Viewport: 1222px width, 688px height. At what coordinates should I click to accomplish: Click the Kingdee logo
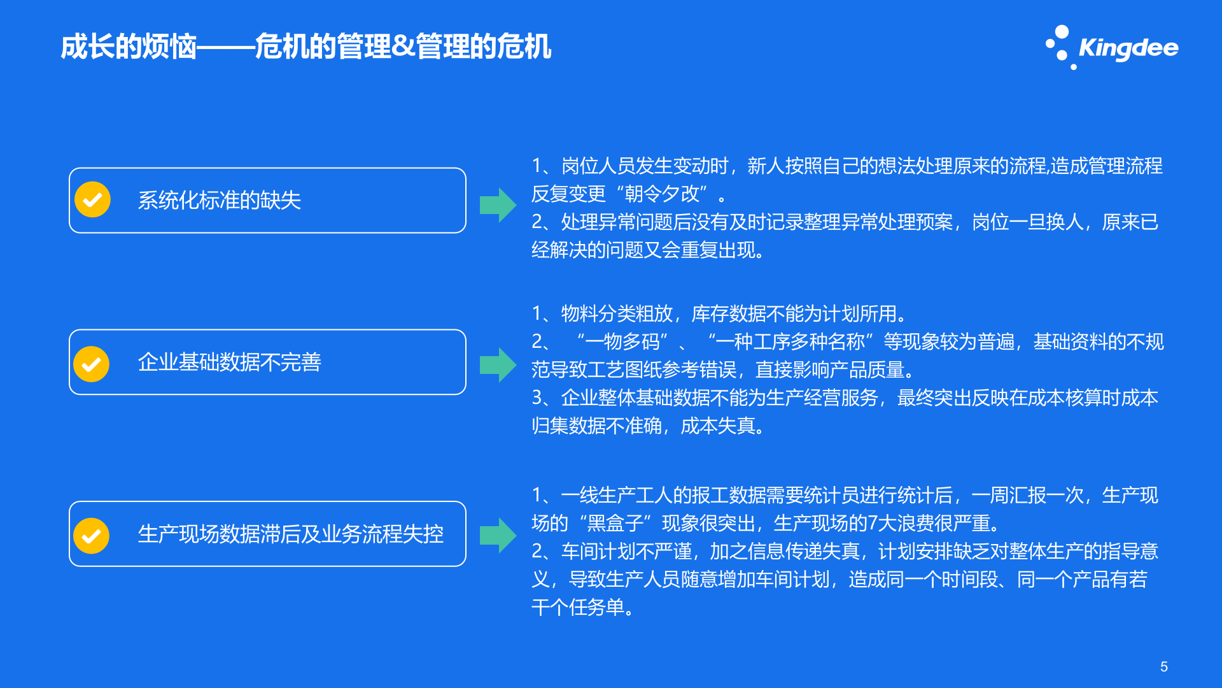pos(1113,48)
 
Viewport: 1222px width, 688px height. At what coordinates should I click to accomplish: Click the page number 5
pos(1164,666)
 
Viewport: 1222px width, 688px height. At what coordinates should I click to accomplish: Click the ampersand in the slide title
pos(404,47)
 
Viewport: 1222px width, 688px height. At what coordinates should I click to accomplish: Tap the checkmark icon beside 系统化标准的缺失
pos(93,200)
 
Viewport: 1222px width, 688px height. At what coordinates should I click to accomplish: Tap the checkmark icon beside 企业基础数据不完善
pos(92,364)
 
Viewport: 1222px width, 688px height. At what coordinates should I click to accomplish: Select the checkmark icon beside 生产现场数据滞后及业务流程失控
pos(92,535)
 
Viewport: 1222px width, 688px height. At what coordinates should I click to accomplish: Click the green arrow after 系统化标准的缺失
pos(498,205)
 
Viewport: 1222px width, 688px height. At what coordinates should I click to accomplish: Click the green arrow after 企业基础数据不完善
pos(498,365)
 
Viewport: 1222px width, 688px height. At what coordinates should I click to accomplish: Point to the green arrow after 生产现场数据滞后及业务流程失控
pos(498,535)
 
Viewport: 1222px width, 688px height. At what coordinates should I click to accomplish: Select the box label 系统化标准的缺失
pos(220,201)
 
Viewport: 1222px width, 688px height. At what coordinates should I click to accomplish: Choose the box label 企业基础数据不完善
pos(230,362)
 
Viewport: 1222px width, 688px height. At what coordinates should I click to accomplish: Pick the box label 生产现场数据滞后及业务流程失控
pos(291,534)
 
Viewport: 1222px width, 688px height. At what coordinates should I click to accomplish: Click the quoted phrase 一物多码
pos(622,342)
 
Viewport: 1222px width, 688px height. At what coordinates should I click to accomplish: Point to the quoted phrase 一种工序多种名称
pos(790,342)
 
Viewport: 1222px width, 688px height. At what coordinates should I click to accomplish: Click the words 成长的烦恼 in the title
pos(128,47)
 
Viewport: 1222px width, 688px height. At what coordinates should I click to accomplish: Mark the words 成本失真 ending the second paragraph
pos(719,426)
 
